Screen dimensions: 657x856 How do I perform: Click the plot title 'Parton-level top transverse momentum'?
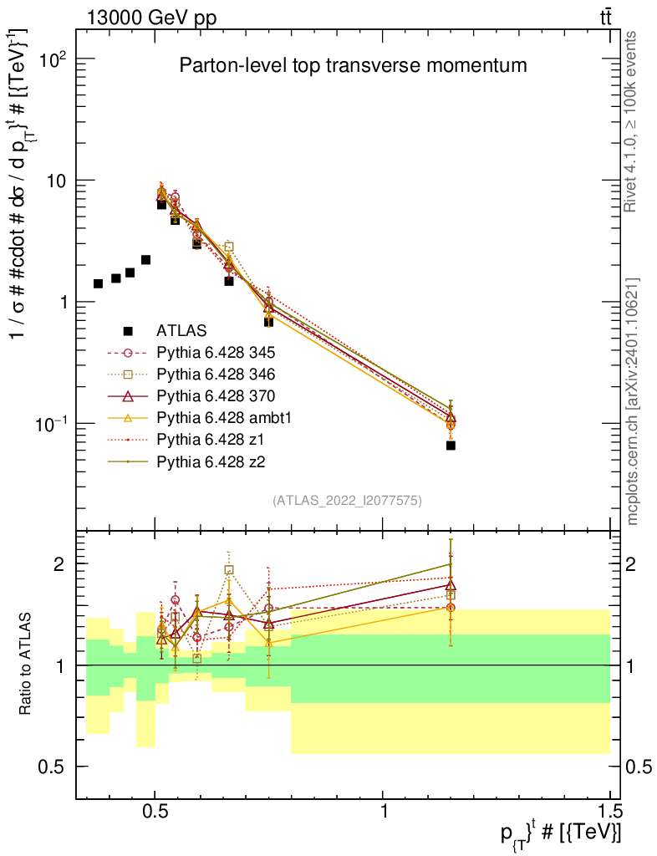pos(353,65)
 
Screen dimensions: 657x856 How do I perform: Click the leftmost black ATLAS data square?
pos(99,284)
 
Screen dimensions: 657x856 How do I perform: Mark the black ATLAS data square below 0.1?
pos(451,446)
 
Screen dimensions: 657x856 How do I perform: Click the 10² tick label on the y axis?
pos(54,59)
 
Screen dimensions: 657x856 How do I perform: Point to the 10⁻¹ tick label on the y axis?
pos(52,424)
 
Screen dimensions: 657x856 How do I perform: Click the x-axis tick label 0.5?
pos(155,810)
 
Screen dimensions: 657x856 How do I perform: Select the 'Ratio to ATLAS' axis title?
pos(25,664)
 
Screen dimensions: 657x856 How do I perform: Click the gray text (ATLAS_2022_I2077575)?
pos(347,501)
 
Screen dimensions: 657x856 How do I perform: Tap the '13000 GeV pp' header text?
pos(151,18)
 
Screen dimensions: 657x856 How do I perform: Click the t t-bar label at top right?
pos(605,18)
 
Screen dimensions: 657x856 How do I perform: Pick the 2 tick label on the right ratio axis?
pos(630,564)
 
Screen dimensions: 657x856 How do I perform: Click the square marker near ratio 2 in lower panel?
pos(229,570)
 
